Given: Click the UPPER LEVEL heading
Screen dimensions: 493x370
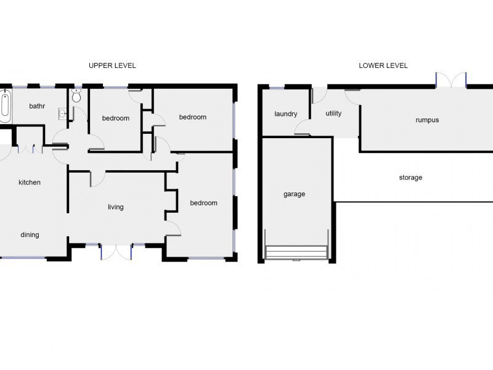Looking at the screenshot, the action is (x=112, y=65).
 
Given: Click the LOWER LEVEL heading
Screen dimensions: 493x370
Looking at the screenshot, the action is (x=383, y=65).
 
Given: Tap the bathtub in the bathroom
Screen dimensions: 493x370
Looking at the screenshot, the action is (x=5, y=105).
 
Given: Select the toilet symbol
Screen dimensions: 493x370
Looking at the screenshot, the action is (x=76, y=96).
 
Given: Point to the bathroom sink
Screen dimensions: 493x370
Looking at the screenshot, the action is (x=63, y=113).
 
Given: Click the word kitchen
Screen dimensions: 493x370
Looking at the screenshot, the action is (x=30, y=183).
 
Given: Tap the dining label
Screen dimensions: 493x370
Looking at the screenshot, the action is (x=30, y=235).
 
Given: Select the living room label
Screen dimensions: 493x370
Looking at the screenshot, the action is (x=116, y=207).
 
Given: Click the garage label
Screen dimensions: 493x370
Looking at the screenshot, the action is (x=295, y=194).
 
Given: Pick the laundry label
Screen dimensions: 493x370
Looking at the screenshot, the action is (x=286, y=114).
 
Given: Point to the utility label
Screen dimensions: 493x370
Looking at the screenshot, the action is (x=333, y=113).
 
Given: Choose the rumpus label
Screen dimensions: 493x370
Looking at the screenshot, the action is (x=427, y=120).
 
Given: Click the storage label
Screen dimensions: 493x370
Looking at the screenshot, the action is (x=410, y=178).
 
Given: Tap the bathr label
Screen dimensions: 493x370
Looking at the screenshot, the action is (x=37, y=106).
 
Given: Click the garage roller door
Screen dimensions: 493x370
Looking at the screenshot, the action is (x=297, y=252).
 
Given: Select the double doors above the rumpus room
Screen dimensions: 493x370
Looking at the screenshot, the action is (x=451, y=80).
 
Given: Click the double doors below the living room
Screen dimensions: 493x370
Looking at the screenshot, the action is (x=116, y=252).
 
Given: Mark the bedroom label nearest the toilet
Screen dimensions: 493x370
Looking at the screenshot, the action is (x=116, y=118).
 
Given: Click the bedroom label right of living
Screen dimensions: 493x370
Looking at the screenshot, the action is (x=204, y=203).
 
